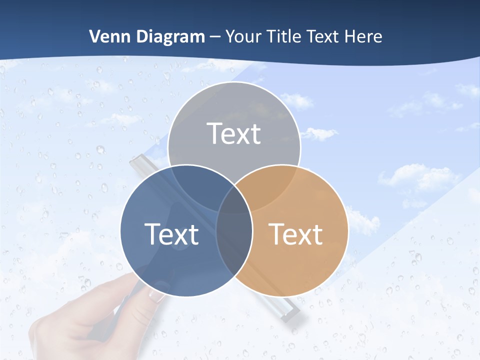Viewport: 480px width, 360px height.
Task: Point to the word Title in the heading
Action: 284,36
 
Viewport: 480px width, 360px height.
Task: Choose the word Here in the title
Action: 365,36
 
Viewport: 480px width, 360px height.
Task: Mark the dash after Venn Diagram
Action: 215,37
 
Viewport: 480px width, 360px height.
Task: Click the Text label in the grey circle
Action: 234,134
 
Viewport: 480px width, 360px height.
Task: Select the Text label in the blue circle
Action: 171,234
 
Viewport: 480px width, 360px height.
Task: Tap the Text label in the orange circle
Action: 296,234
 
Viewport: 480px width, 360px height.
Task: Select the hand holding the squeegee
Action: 90,320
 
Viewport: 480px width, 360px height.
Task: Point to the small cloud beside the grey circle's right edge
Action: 320,133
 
